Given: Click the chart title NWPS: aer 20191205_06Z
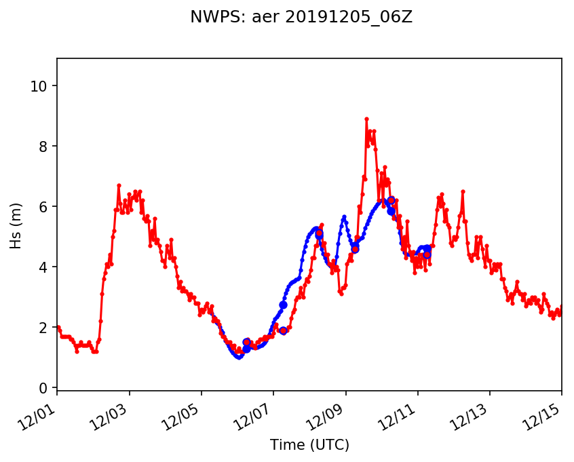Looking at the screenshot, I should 301,18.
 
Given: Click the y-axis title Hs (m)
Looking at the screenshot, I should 16,225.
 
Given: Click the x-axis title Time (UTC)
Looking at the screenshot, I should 309,445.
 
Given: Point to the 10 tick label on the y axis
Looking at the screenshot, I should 41,86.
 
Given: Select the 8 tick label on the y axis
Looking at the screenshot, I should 44,147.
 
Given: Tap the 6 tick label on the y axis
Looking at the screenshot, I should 44,207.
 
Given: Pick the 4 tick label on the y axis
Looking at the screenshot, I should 44,267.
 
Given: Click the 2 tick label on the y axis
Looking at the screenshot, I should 44,328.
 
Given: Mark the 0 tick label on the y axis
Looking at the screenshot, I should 44,388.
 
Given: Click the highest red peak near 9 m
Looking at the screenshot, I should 366,119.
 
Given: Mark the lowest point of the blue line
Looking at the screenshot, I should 238,357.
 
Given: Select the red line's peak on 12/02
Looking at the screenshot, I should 119,185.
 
